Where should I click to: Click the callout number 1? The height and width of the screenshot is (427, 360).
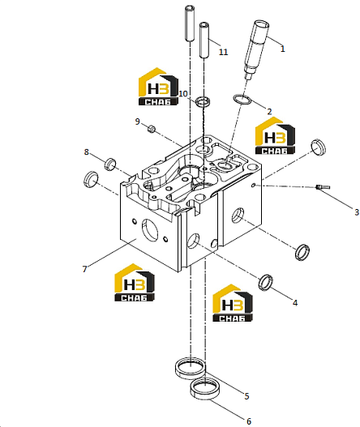click(283, 49)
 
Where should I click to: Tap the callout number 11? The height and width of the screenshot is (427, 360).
click(223, 52)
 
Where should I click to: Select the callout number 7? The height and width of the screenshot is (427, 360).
click(84, 269)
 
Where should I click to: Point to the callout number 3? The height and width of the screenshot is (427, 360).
click(357, 212)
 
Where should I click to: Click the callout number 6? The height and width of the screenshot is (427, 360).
click(249, 421)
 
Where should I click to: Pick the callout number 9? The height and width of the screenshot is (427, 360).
click(137, 122)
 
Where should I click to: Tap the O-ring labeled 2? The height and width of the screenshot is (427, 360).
click(242, 100)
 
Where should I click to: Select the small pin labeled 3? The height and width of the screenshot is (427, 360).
click(323, 187)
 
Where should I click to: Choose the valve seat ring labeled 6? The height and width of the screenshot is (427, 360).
click(204, 389)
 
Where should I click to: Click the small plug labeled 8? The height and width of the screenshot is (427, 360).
click(110, 164)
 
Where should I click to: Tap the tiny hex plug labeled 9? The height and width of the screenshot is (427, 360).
click(152, 129)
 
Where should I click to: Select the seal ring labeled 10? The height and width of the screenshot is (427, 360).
click(203, 101)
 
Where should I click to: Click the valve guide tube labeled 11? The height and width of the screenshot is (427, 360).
click(204, 41)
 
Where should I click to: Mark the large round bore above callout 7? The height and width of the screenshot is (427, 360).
click(150, 230)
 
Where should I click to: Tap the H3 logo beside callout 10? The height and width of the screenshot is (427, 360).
click(158, 87)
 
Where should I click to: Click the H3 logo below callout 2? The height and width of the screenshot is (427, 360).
click(275, 136)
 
